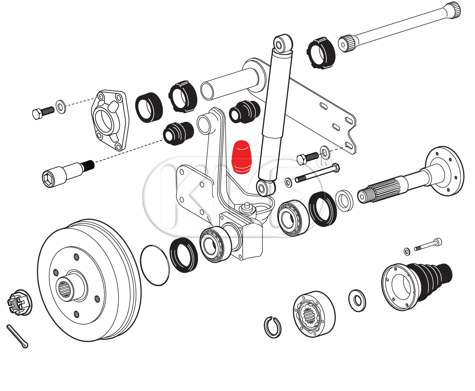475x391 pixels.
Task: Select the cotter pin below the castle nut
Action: tap(17, 336)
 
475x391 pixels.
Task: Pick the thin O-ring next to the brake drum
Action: tap(155, 265)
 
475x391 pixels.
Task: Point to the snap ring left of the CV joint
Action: tap(273, 327)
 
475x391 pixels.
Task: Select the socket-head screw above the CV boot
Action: tap(428, 245)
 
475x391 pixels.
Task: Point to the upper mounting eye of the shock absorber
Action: tap(282, 43)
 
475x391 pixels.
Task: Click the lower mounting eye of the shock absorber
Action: tap(264, 188)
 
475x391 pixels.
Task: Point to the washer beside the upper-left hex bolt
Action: tap(60, 106)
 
